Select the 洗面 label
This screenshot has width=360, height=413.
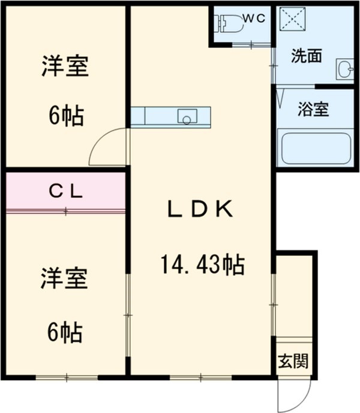(x=305, y=56)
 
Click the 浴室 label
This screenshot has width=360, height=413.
(x=313, y=110)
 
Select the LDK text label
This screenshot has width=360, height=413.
(x=199, y=210)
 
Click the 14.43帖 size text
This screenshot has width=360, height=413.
(x=202, y=263)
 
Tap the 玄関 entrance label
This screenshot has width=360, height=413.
(x=293, y=361)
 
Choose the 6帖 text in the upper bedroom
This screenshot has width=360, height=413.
(x=65, y=115)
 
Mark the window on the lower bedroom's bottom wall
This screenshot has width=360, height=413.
(x=66, y=376)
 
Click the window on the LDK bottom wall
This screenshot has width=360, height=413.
(x=200, y=376)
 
